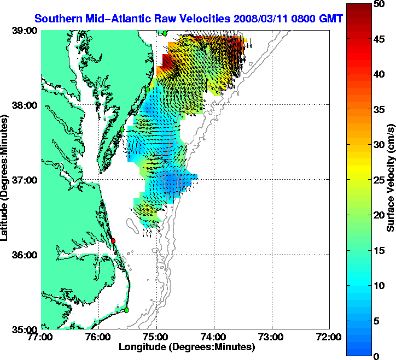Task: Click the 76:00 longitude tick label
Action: [98, 337]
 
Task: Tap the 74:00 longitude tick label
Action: [214, 337]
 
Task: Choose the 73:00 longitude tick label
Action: [271, 337]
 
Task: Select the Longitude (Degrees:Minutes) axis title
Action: [187, 347]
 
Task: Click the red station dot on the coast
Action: [113, 241]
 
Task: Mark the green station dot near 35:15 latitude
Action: [126, 310]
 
